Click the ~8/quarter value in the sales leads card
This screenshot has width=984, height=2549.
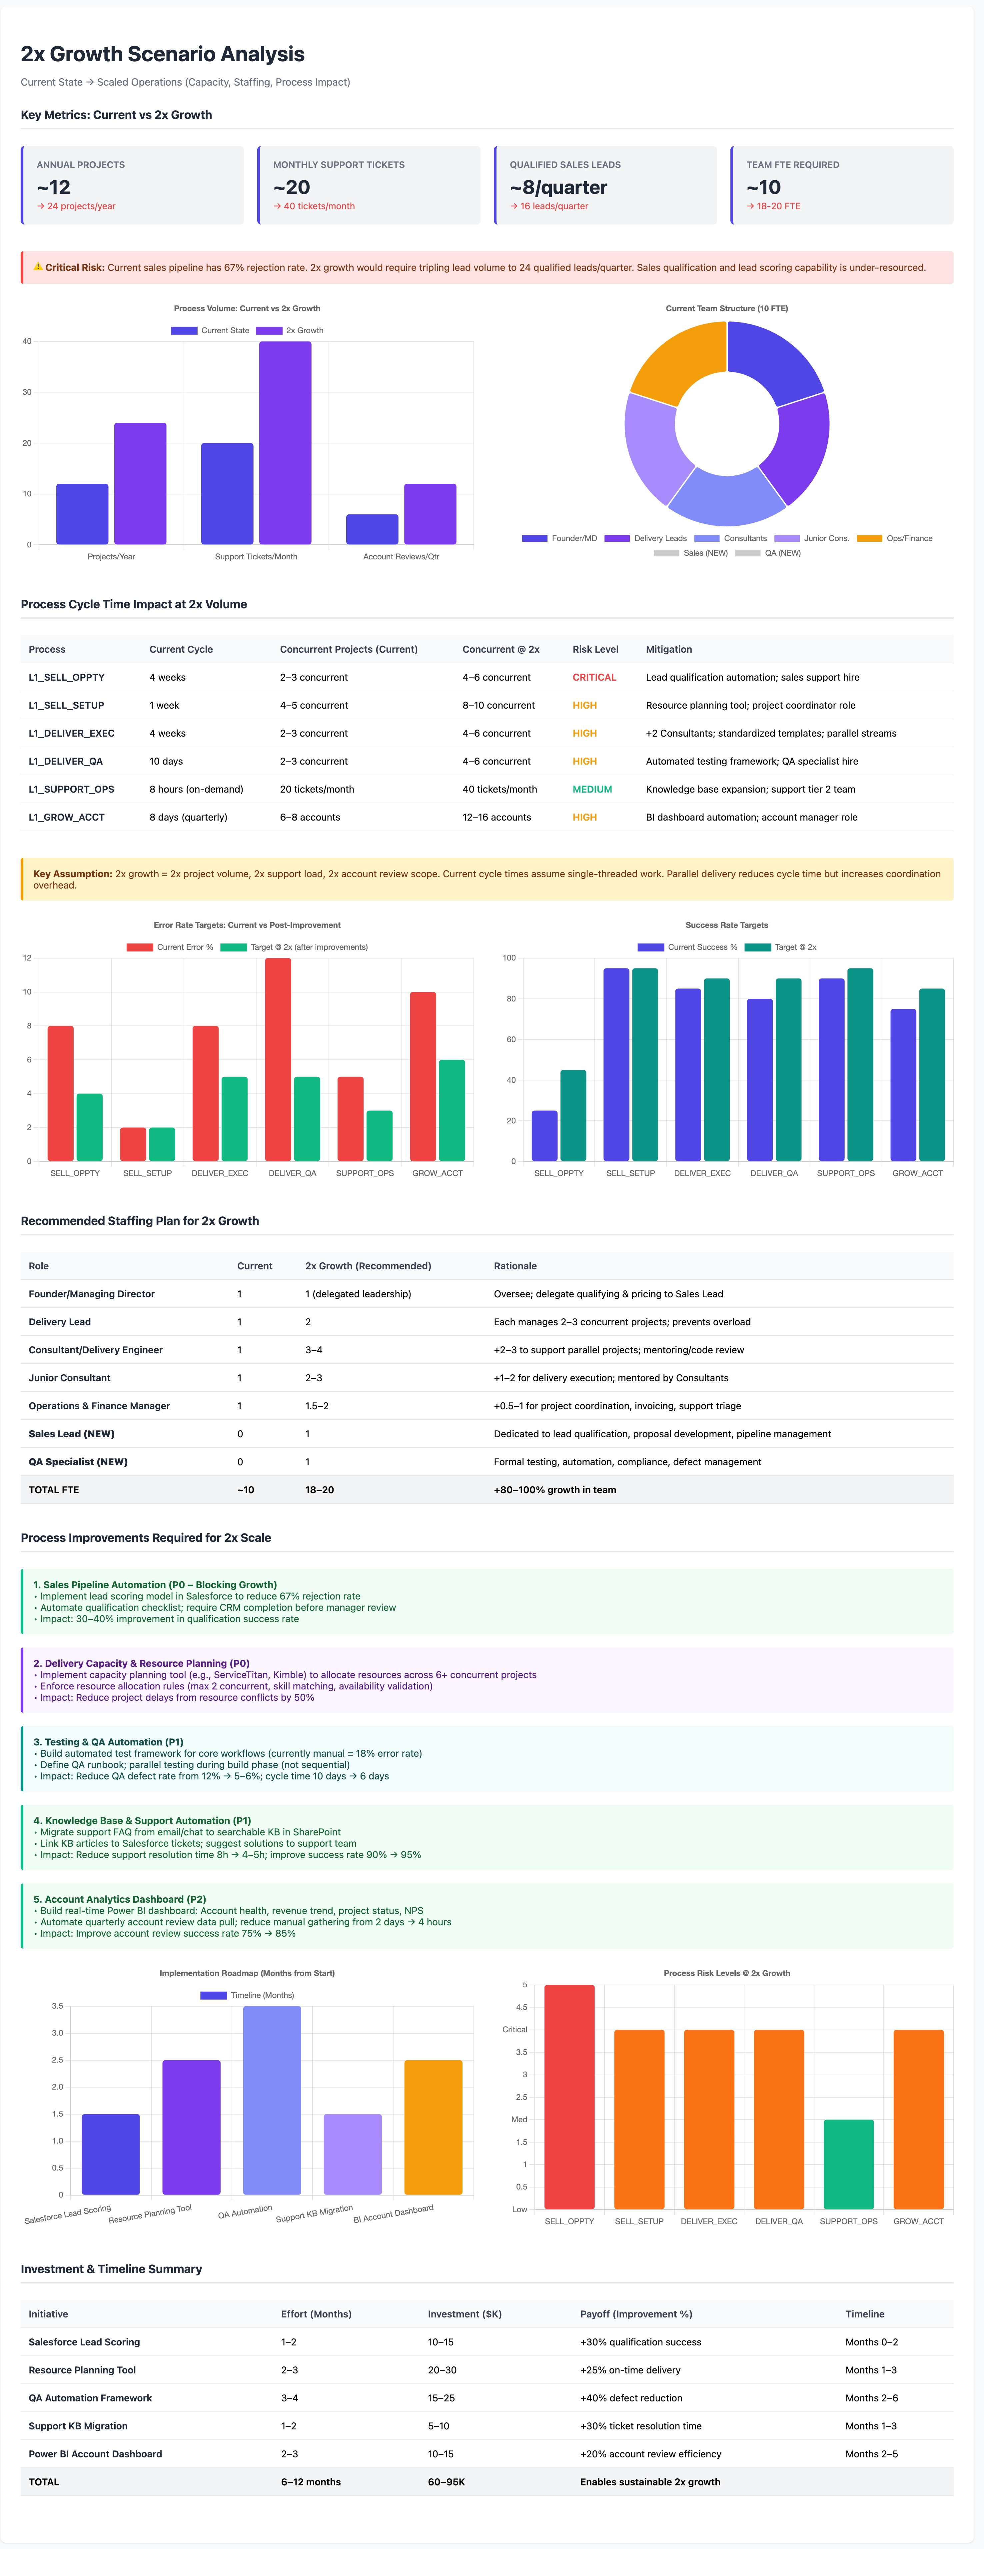558,187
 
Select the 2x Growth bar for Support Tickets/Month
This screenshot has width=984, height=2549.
285,442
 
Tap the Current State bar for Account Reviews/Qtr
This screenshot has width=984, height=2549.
372,529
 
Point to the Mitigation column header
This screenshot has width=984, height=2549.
669,649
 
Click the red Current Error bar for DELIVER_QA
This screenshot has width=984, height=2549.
278,1059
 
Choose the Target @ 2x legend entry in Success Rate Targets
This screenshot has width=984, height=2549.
780,947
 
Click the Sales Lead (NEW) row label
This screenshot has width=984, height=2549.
71,1434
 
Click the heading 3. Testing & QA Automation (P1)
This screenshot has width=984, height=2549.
108,1741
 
